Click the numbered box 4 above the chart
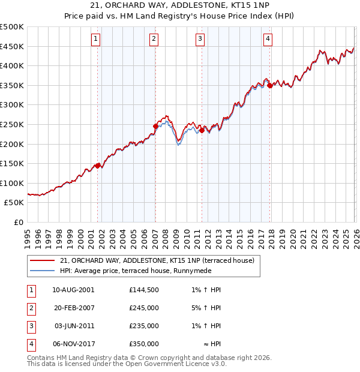[268, 40]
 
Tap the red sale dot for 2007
[155, 126]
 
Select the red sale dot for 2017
[270, 85]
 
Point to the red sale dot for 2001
[97, 166]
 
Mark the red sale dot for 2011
[202, 130]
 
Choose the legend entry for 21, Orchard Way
[157, 260]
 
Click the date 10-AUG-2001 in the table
[73, 290]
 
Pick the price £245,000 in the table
[144, 308]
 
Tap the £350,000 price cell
[144, 344]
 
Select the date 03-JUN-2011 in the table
[73, 326]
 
